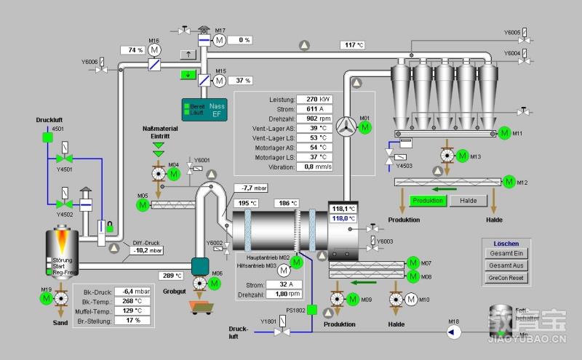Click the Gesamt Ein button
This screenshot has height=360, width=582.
(507, 253)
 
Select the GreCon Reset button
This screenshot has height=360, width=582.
(507, 277)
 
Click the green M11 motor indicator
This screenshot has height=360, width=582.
(503, 133)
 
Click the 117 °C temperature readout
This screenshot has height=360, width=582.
(353, 45)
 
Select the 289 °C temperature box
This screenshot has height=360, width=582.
(171, 276)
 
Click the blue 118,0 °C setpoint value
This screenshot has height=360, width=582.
(343, 218)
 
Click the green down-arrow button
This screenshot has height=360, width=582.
(188, 73)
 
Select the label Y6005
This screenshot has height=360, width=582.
(512, 33)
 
